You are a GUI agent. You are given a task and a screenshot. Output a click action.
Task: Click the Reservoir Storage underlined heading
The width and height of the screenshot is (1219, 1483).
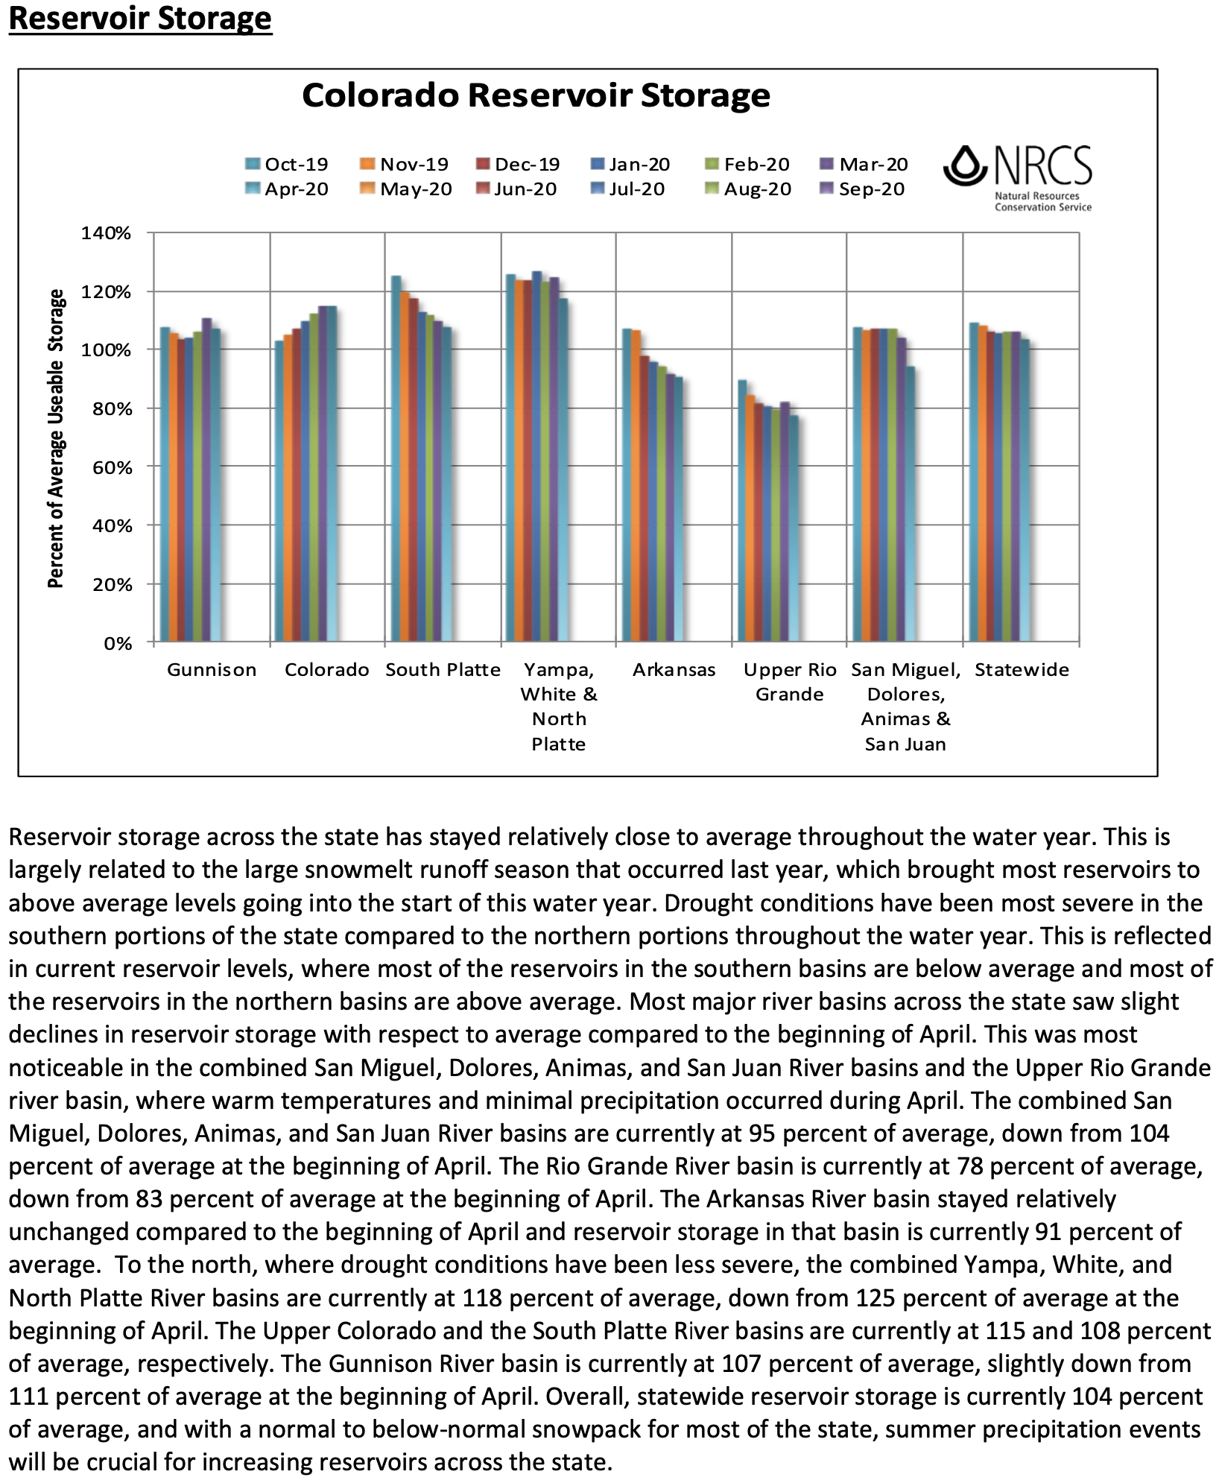click(140, 18)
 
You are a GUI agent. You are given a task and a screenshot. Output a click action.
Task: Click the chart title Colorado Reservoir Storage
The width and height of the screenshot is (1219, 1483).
click(536, 95)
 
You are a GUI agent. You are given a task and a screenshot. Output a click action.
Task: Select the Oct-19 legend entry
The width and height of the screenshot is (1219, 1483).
click(288, 164)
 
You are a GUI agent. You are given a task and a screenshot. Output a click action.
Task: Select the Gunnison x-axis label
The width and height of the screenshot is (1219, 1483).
click(212, 670)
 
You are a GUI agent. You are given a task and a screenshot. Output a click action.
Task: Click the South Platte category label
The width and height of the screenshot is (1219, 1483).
click(443, 670)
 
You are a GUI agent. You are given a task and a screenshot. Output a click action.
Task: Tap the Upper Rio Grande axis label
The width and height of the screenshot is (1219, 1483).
click(790, 682)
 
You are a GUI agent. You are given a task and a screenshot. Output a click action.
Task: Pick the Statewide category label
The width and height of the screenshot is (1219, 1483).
click(1022, 670)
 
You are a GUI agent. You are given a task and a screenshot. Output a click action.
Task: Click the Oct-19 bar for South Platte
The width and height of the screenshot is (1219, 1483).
click(396, 458)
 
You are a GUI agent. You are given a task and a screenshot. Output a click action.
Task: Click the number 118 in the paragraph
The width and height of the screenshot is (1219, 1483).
click(482, 1297)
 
